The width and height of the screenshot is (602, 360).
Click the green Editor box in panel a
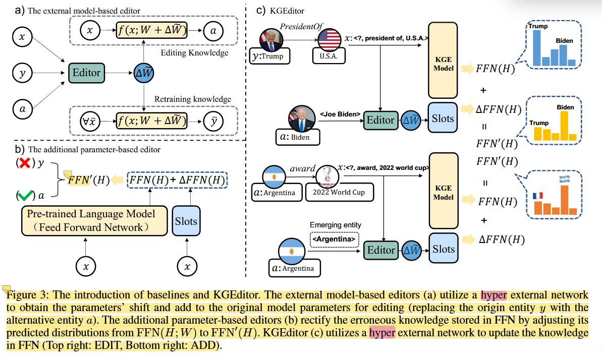click(86, 73)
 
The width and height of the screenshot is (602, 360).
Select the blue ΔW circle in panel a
click(144, 73)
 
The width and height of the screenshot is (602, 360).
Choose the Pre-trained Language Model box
click(94, 220)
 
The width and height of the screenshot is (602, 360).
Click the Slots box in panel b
click(186, 221)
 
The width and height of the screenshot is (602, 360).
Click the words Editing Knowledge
click(194, 52)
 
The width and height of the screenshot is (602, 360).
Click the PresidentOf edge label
click(301, 26)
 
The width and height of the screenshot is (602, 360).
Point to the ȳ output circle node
click(213, 122)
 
